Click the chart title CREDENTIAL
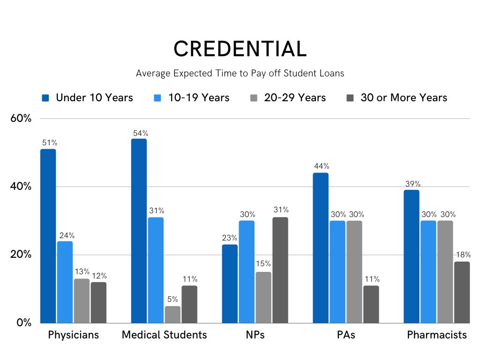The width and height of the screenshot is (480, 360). pos(240,49)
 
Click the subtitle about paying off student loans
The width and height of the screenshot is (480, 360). pos(240,73)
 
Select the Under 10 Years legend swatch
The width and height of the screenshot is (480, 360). pos(45,98)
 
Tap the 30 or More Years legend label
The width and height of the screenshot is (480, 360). pos(404,97)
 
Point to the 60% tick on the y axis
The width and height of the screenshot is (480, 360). pos(21,119)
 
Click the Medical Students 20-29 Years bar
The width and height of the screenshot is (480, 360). pos(172,315)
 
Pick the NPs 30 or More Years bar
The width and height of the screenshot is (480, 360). pos(280,270)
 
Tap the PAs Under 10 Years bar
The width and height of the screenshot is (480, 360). pos(321,248)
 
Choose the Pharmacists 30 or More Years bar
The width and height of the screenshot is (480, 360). pos(462,292)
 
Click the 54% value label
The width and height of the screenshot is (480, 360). pos(139,133)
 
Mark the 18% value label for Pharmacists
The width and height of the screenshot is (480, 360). pos(462,255)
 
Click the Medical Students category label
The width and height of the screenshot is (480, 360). pos(164,335)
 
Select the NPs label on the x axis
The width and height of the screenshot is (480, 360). pos(255,335)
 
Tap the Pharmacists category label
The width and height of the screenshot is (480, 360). pos(437,335)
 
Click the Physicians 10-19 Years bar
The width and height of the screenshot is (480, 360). pos(65,282)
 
